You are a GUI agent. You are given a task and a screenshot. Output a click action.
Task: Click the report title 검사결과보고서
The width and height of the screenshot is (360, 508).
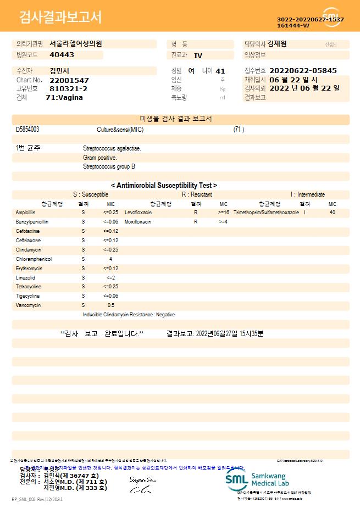[x=60, y=18]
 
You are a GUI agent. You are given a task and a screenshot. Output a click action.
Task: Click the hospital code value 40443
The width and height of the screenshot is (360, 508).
[x=62, y=55]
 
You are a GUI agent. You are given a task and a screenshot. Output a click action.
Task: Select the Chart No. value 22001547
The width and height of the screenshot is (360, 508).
[x=69, y=80]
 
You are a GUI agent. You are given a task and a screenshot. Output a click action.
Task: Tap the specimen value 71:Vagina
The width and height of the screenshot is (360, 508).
[x=64, y=97]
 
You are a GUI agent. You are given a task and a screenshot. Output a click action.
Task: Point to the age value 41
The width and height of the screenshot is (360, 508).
[x=220, y=71]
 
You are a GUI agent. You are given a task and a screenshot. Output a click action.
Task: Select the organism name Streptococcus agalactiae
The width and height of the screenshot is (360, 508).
[x=112, y=148]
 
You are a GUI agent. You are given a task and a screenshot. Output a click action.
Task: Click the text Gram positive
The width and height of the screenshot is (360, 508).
[x=99, y=158]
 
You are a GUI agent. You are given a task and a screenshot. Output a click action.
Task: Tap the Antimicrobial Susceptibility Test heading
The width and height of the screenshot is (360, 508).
[x=164, y=186]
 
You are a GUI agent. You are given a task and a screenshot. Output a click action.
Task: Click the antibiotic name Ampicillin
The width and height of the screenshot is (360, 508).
[x=26, y=212]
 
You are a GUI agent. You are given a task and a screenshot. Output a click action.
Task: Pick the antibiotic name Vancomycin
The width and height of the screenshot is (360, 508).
[x=26, y=305]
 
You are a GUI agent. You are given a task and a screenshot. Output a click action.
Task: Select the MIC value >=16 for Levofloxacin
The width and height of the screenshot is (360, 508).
[x=224, y=212]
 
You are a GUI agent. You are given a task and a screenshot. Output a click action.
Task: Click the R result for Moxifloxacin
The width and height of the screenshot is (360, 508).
[x=195, y=222]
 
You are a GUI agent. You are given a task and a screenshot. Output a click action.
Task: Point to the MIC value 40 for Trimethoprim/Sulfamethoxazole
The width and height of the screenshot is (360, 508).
[x=333, y=212]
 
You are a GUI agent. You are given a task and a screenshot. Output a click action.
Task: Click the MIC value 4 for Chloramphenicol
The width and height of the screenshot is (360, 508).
[x=110, y=259]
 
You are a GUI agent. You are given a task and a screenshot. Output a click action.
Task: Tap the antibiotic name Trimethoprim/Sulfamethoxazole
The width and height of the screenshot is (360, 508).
[x=266, y=212]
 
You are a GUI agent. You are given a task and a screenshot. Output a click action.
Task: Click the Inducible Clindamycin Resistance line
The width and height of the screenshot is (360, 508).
[x=129, y=315]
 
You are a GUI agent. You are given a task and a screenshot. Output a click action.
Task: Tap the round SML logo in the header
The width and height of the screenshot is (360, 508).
[x=332, y=16]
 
